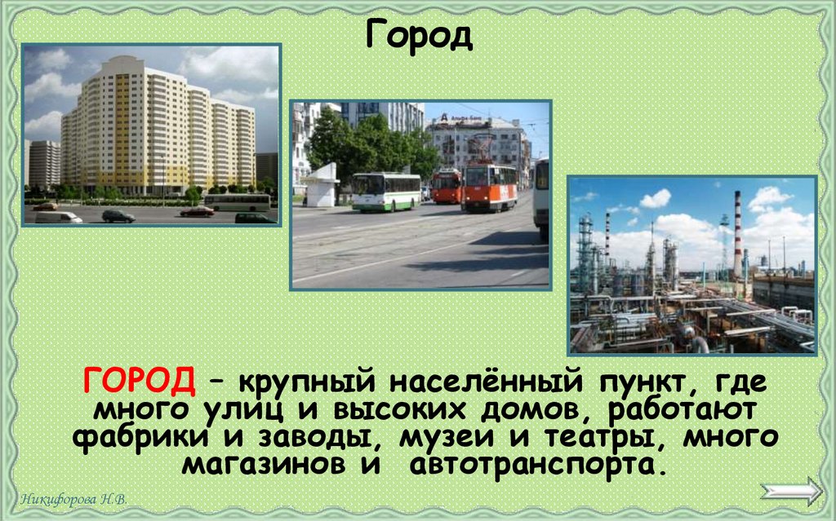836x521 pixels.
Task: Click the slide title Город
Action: click(x=418, y=35)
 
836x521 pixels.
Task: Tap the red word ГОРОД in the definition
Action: click(x=138, y=379)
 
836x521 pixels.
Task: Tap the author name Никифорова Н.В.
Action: click(x=74, y=499)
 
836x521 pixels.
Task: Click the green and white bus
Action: click(x=386, y=192)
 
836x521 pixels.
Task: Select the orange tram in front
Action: click(x=489, y=187)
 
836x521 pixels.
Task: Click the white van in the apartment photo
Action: click(x=58, y=217)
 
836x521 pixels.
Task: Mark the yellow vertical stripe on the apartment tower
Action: click(x=122, y=130)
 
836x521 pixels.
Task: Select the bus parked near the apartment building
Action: click(x=237, y=201)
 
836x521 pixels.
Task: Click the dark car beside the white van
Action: click(x=118, y=216)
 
